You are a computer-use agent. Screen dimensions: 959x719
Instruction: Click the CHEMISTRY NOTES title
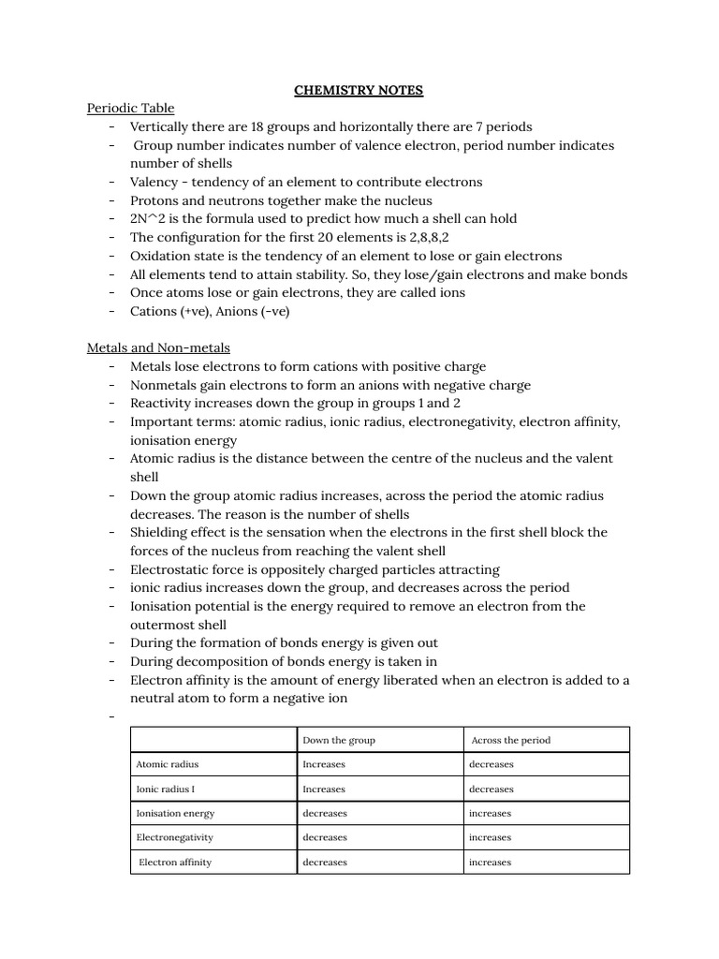point(359,90)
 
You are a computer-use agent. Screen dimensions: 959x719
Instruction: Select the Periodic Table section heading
point(130,108)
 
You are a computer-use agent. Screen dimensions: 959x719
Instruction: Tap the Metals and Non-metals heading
point(158,347)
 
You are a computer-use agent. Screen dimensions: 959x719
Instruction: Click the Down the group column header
point(339,740)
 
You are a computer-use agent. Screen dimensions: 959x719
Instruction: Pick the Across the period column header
point(511,740)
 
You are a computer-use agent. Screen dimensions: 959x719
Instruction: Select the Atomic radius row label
point(168,764)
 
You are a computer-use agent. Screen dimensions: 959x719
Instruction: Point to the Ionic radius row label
point(166,789)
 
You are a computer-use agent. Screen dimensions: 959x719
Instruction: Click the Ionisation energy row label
point(176,813)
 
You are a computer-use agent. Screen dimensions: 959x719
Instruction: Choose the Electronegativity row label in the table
point(175,837)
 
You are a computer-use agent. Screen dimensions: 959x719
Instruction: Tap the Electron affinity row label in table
point(175,862)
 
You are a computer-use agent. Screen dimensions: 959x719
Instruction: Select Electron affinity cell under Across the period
point(490,862)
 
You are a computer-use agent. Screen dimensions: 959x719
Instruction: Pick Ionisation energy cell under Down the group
point(325,813)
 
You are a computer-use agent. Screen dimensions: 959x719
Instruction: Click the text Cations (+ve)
point(168,311)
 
